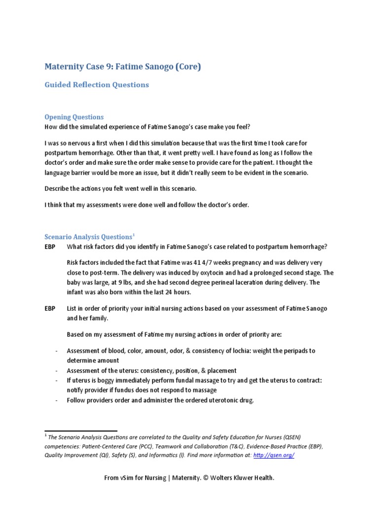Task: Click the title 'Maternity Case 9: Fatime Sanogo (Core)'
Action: click(x=123, y=67)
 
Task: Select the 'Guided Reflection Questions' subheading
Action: click(x=97, y=85)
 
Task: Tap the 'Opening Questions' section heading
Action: click(x=74, y=117)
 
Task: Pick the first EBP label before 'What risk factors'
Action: click(x=50, y=247)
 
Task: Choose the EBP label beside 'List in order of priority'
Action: click(x=50, y=308)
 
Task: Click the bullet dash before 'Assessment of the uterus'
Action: click(x=57, y=370)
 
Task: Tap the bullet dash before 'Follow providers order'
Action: click(x=57, y=400)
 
